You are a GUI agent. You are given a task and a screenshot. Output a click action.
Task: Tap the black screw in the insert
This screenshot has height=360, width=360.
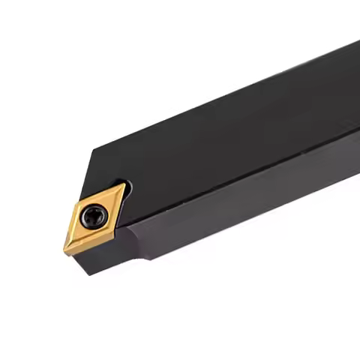93,217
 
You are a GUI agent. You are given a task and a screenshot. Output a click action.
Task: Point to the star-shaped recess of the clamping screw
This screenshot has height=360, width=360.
93,217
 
